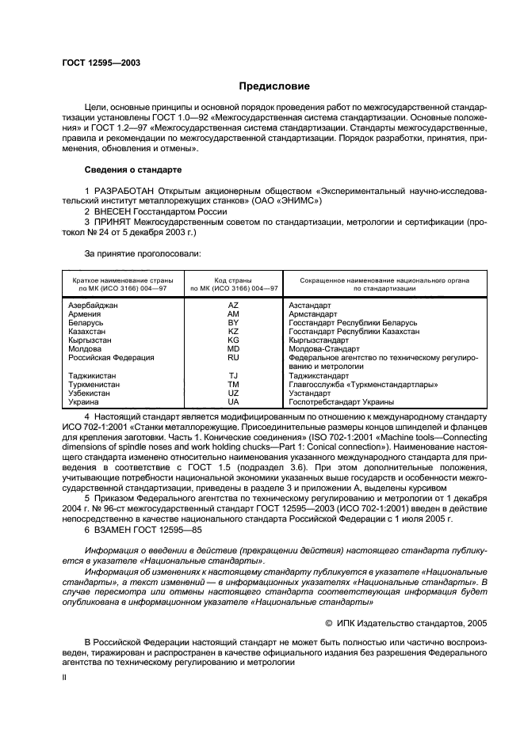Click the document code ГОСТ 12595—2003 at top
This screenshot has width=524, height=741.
(x=96, y=63)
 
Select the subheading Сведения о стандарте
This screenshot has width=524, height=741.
(x=133, y=169)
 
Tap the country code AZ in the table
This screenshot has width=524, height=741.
(x=233, y=305)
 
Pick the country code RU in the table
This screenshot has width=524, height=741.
(x=233, y=357)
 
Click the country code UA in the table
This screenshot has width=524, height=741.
(x=233, y=401)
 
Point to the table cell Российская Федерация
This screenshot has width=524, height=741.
(x=111, y=357)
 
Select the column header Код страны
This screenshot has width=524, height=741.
(x=233, y=280)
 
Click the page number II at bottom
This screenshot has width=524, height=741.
(x=65, y=678)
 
